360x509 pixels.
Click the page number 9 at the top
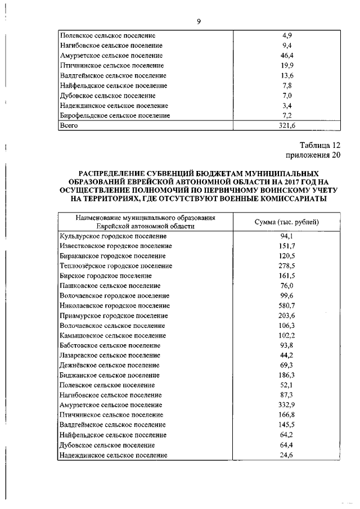pos(199,21)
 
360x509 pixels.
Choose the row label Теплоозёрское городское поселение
pos(115,265)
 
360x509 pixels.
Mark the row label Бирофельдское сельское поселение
pos(114,115)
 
